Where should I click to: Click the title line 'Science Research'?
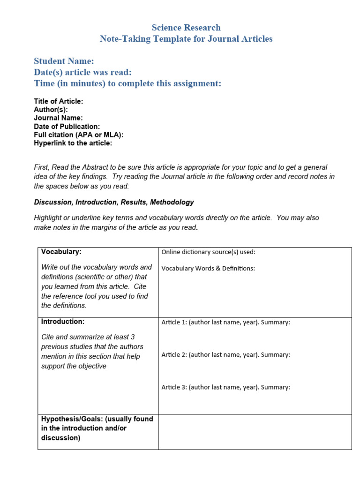click(x=186, y=28)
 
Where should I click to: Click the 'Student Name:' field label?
click(x=64, y=61)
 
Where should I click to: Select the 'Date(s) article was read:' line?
click(x=82, y=72)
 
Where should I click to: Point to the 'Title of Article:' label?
click(x=59, y=101)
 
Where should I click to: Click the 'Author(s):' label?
click(x=51, y=110)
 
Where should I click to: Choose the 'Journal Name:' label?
click(x=58, y=118)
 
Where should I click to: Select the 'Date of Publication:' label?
click(x=67, y=127)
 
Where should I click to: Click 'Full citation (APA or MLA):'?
click(x=78, y=135)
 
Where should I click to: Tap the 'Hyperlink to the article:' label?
click(x=73, y=143)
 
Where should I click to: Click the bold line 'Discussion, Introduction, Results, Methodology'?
click(x=114, y=202)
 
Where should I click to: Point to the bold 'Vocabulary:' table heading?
click(x=61, y=252)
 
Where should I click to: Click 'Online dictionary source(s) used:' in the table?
click(x=208, y=252)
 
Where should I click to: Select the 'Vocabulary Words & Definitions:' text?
click(x=208, y=269)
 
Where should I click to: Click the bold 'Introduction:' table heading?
click(x=63, y=322)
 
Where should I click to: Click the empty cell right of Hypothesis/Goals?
click(x=255, y=432)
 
